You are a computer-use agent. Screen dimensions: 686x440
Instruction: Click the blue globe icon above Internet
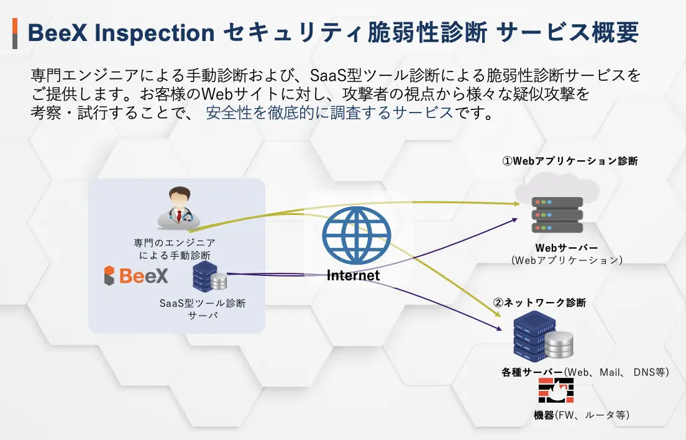[x=357, y=236]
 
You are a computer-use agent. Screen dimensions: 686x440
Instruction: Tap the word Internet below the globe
[x=353, y=275]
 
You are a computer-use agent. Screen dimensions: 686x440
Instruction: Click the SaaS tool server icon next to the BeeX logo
[x=209, y=276]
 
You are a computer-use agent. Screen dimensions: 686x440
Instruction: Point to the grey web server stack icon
[x=557, y=215]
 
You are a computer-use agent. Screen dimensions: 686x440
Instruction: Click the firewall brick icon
[x=556, y=390]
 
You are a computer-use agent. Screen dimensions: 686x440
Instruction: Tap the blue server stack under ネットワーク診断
[x=542, y=336]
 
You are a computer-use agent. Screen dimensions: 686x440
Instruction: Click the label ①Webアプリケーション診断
[x=570, y=161]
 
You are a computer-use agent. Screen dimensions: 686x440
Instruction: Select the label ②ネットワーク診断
[x=539, y=303]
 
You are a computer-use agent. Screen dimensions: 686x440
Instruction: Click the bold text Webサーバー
[x=567, y=248]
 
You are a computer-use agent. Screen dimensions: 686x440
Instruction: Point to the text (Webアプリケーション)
[x=567, y=260]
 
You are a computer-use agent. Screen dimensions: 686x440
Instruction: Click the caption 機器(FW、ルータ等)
[x=582, y=415]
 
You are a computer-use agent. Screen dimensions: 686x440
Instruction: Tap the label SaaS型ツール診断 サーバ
[x=203, y=309]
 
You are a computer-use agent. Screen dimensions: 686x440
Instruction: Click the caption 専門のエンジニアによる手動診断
[x=175, y=249]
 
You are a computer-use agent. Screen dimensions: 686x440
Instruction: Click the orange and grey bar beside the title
[x=15, y=33]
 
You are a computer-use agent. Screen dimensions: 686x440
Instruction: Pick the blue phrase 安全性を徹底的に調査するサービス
[x=329, y=113]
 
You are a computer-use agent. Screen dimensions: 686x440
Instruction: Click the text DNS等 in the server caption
[x=651, y=372]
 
